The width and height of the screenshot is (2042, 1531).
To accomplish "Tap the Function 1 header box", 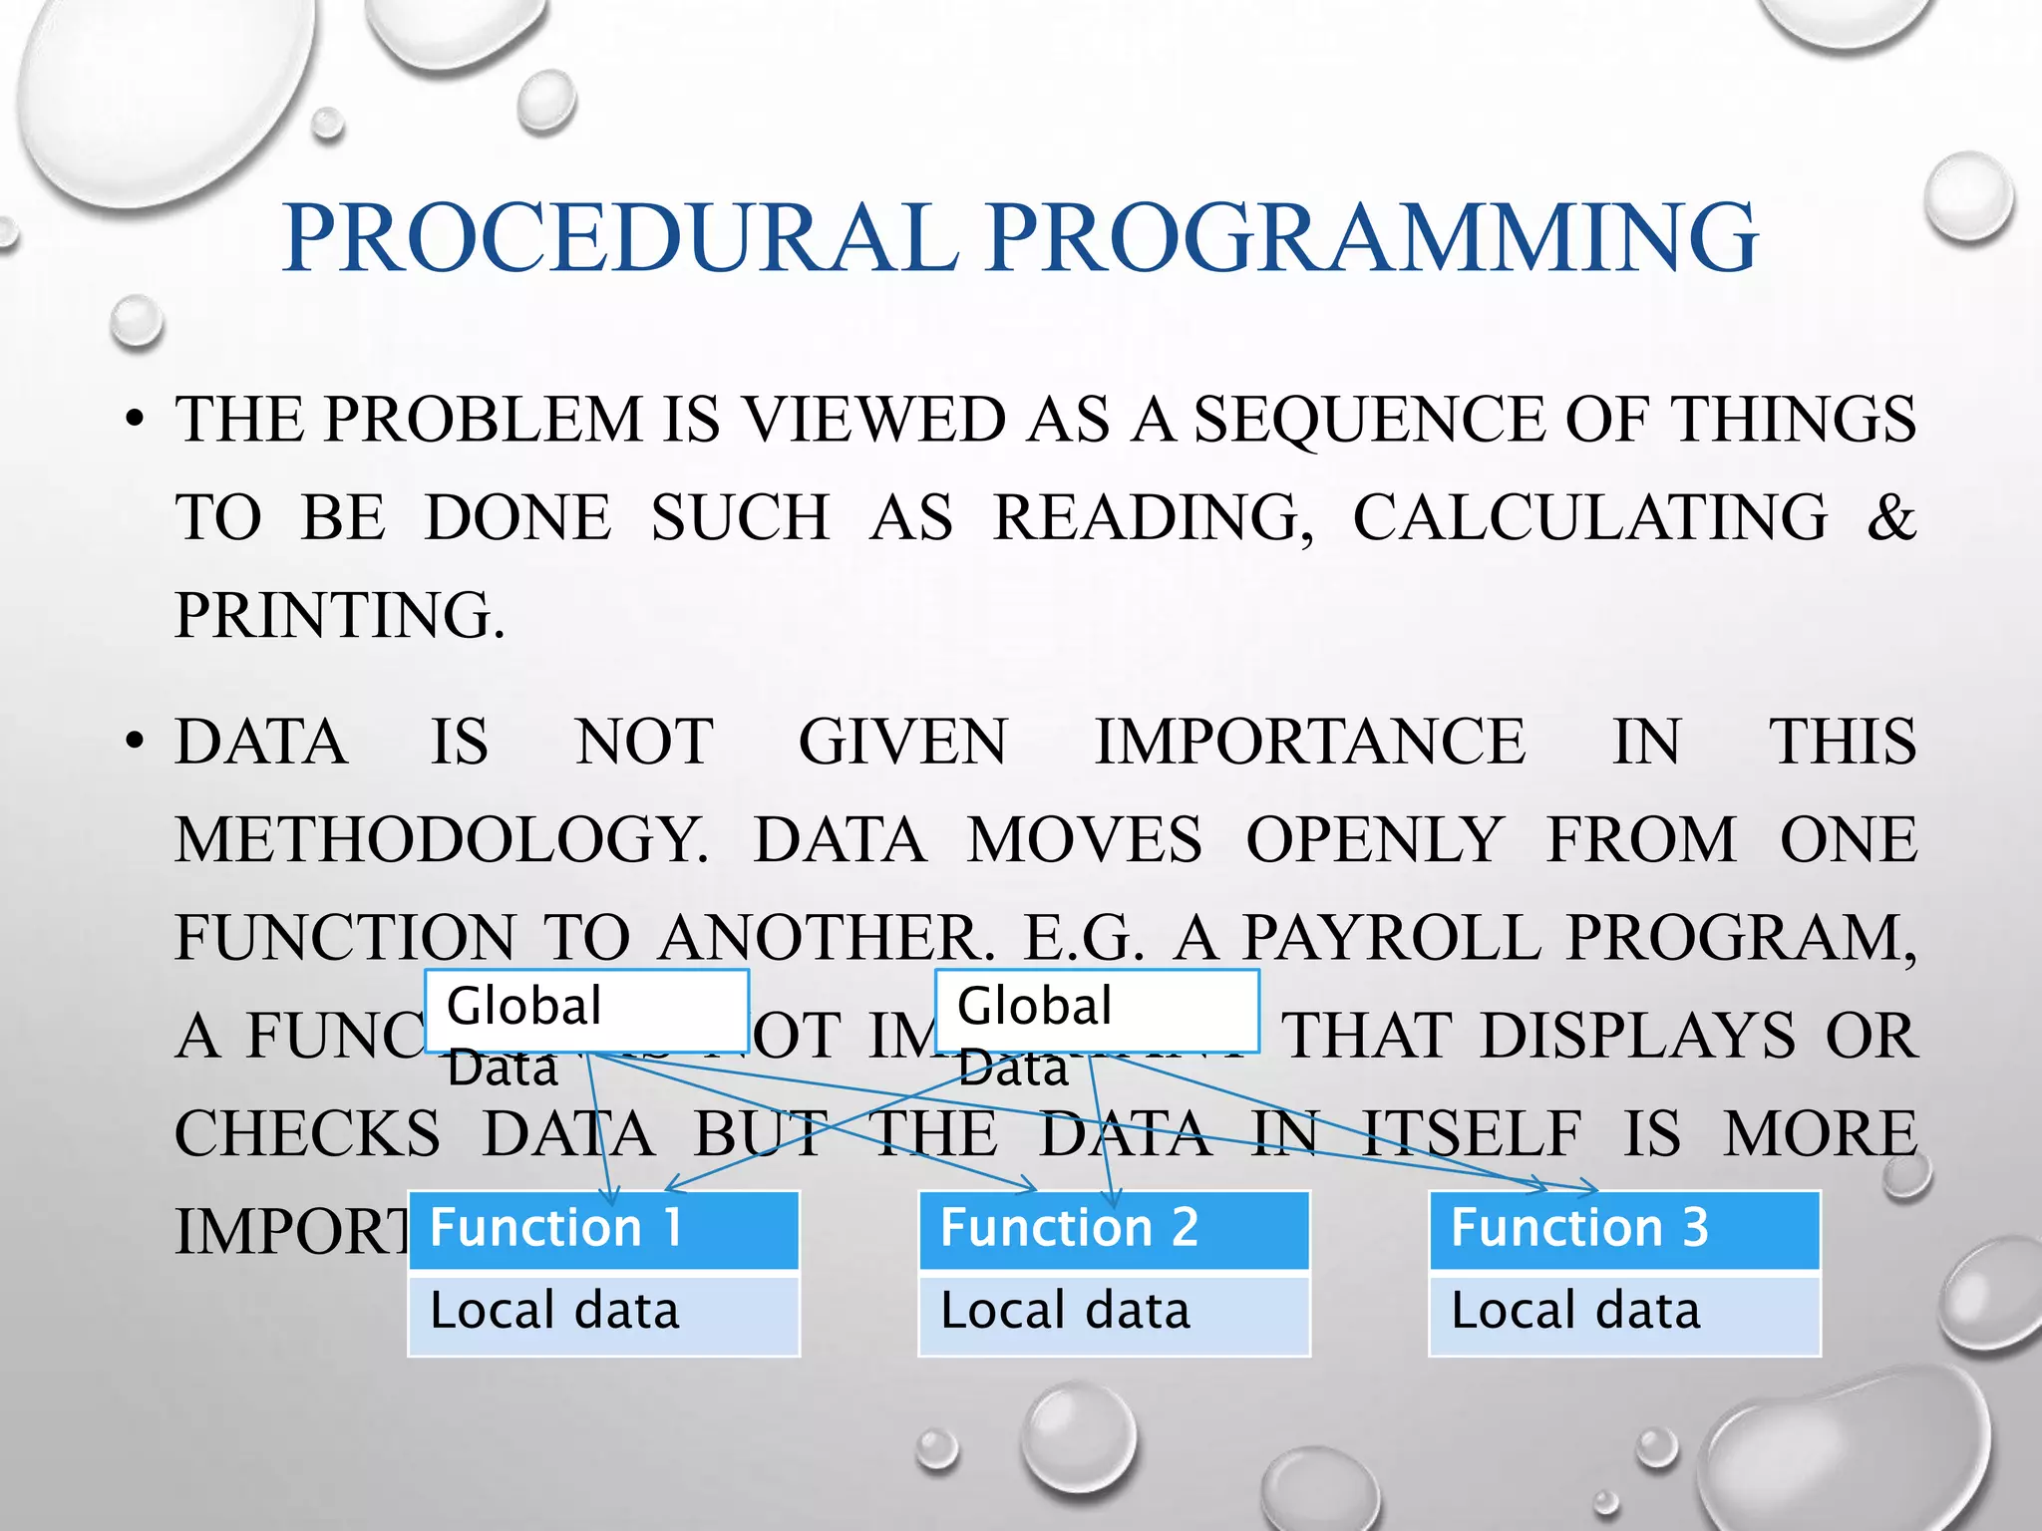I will (604, 1228).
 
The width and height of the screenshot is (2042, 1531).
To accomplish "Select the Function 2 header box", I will (1115, 1228).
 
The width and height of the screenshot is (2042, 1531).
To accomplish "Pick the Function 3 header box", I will (1625, 1228).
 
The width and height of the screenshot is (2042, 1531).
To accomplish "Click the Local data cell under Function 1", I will (604, 1312).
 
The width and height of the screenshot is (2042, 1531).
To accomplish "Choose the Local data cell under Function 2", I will (1115, 1312).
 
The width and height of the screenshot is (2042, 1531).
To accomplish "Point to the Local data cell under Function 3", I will (1625, 1312).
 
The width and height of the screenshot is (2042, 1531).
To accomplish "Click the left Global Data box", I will (586, 1010).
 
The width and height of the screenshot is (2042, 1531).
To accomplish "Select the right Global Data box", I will (1097, 1010).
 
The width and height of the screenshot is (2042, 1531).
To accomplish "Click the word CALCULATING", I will (1590, 517).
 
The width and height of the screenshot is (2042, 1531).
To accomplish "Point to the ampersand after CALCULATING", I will (1891, 517).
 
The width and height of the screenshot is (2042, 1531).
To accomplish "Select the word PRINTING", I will (339, 615).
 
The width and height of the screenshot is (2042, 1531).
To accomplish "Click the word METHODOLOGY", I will (442, 840).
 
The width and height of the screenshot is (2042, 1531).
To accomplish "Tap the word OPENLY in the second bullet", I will (1374, 840).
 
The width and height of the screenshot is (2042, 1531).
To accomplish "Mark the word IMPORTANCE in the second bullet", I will (1310, 743).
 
